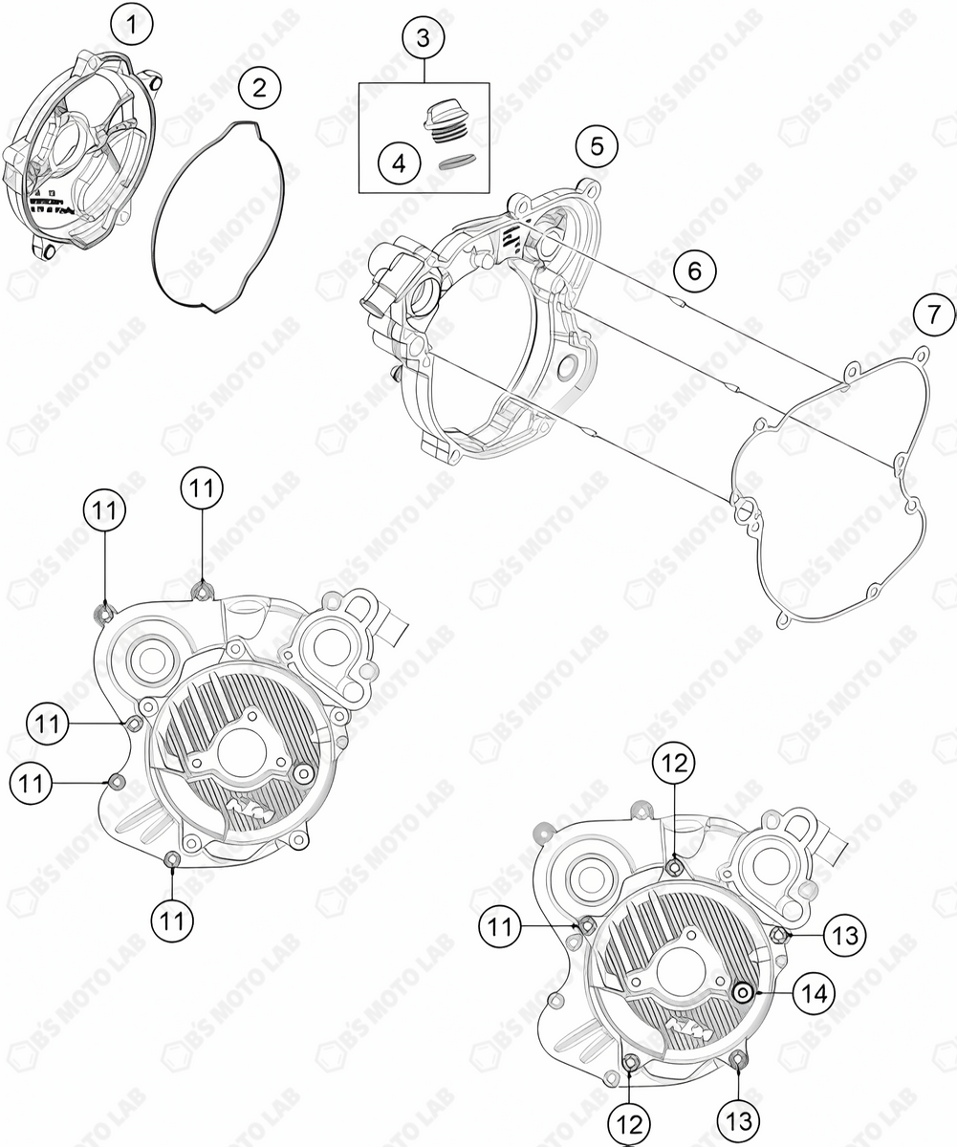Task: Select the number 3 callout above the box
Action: coord(424,40)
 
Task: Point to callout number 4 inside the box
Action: coord(399,163)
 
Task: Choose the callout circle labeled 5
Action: coord(597,146)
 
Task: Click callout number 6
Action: coord(694,271)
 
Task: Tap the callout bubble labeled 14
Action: coord(813,993)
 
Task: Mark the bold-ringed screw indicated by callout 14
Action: coord(742,993)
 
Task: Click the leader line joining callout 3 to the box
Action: coord(424,73)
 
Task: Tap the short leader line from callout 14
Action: coord(772,993)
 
